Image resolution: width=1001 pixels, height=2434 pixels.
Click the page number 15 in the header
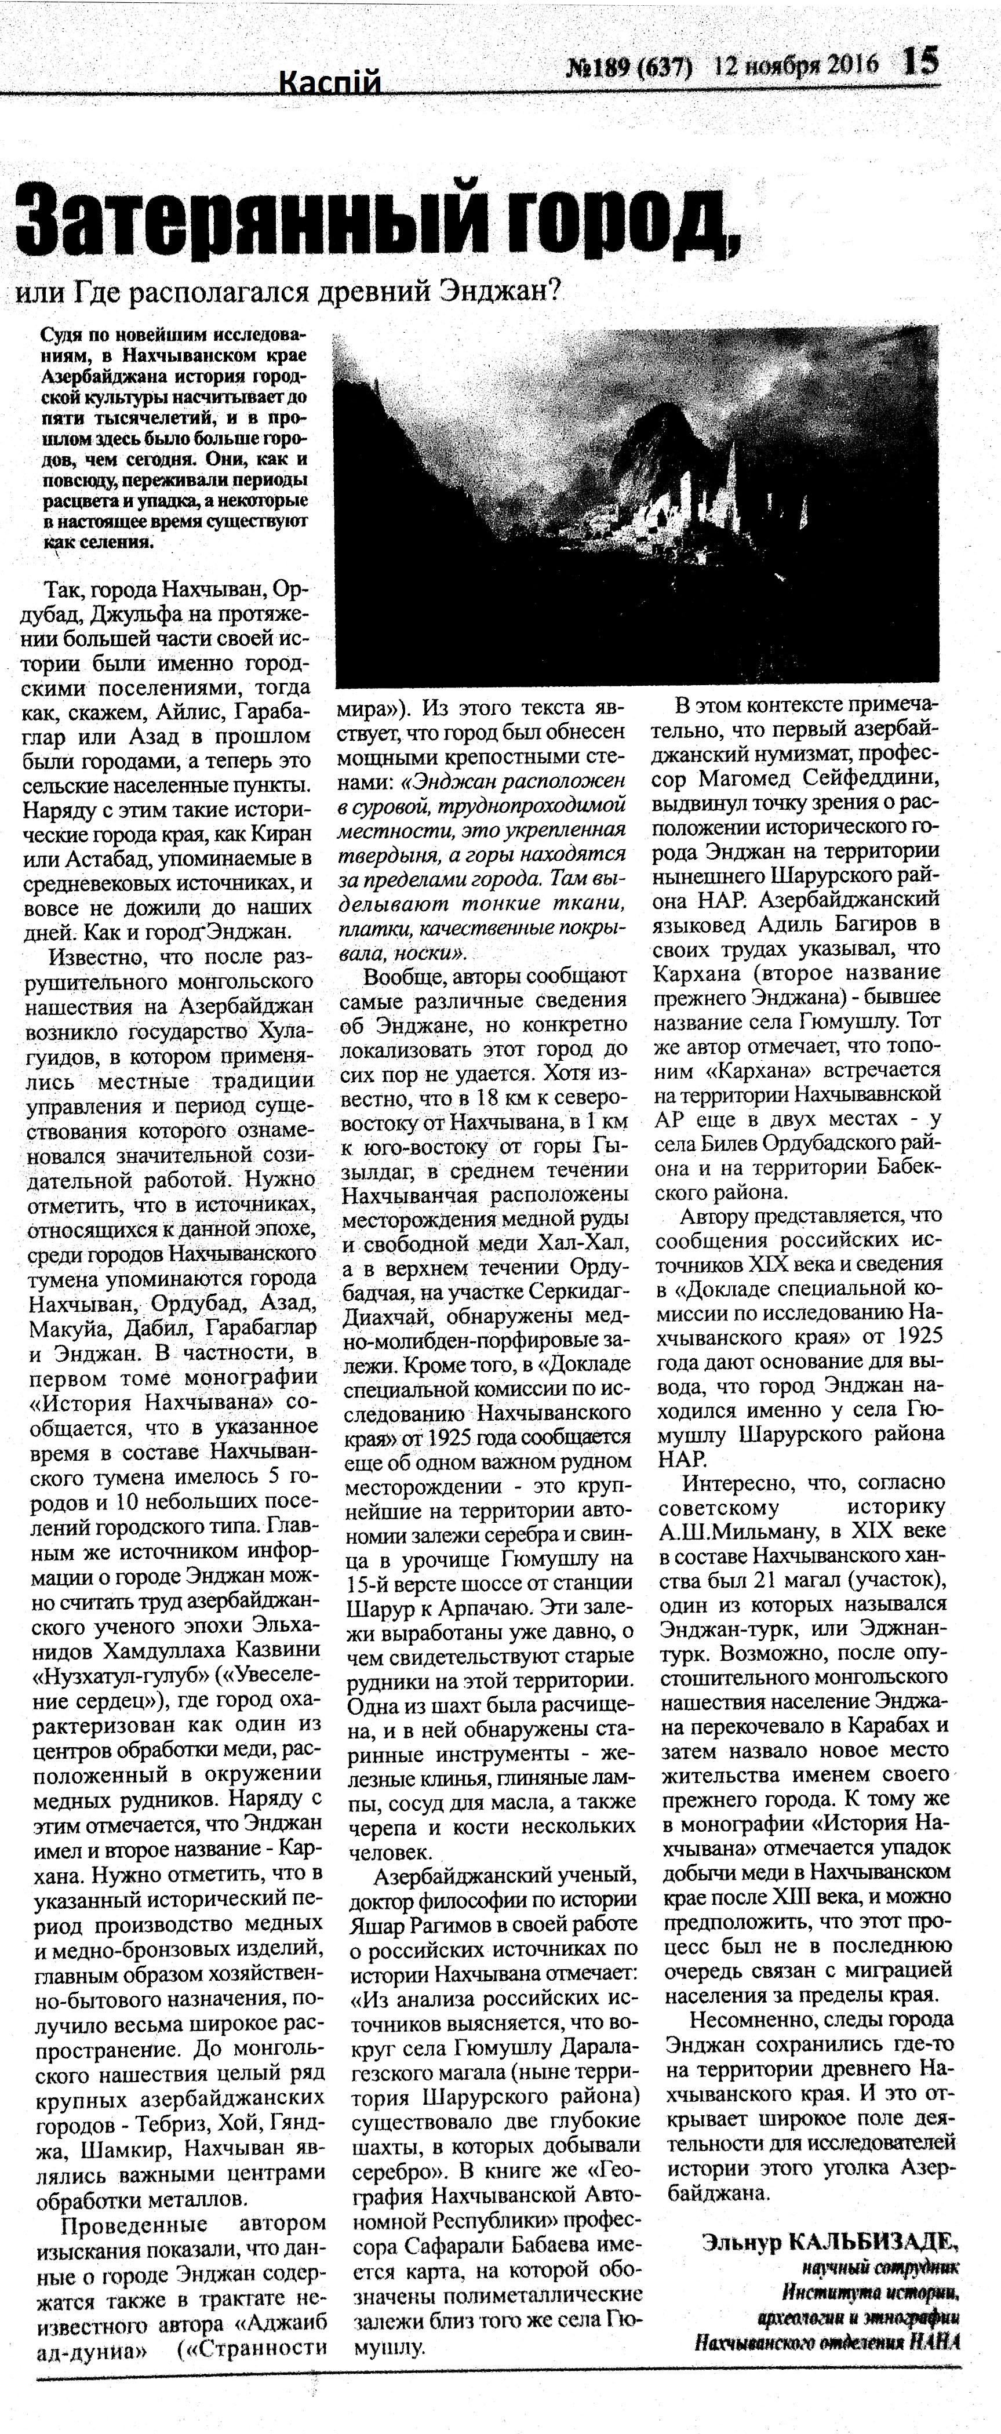click(920, 63)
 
